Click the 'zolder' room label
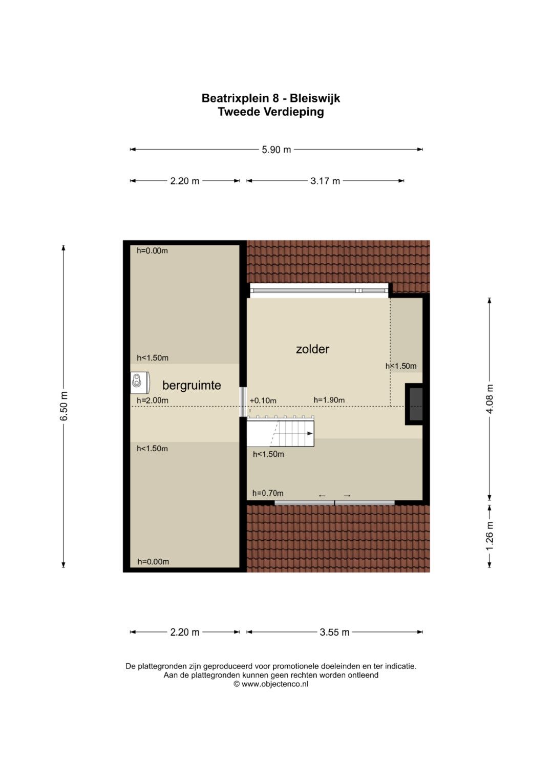pyautogui.click(x=312, y=349)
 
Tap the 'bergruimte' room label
pyautogui.click(x=192, y=386)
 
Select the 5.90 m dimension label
pyautogui.click(x=276, y=150)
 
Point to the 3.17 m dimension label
pyautogui.click(x=325, y=181)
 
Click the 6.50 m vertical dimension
pyautogui.click(x=64, y=406)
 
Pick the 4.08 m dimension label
pyautogui.click(x=490, y=399)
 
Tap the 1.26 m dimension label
pyautogui.click(x=490, y=536)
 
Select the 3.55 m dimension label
pyautogui.click(x=334, y=632)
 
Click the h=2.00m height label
pyautogui.click(x=153, y=400)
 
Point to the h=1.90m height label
pyautogui.click(x=329, y=400)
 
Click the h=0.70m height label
pyautogui.click(x=268, y=493)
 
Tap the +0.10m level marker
pyautogui.click(x=263, y=401)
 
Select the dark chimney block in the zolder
pyautogui.click(x=414, y=404)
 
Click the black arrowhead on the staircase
pyautogui.click(x=310, y=434)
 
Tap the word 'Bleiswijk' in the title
pyautogui.click(x=315, y=98)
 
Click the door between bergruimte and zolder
pyautogui.click(x=243, y=401)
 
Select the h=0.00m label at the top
pyautogui.click(x=152, y=250)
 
